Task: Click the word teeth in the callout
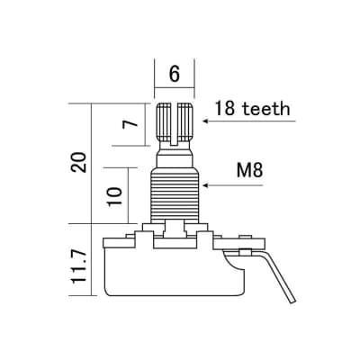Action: coord(262,110)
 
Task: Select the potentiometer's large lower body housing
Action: coord(175,270)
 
